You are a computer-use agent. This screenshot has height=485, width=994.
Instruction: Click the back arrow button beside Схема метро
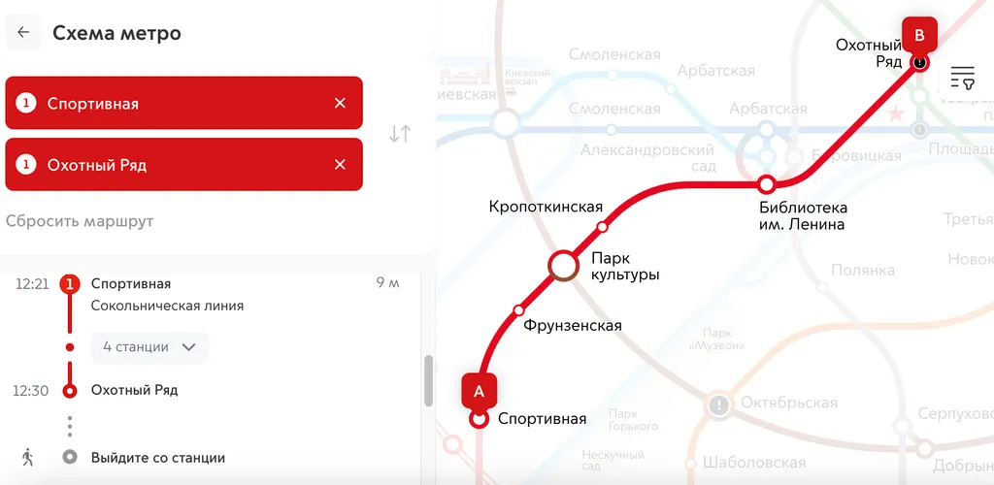(23, 32)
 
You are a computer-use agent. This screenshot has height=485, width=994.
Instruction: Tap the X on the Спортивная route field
(340, 103)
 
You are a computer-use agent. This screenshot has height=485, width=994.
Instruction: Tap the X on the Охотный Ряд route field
(340, 165)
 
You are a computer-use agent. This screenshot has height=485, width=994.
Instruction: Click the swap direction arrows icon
(400, 134)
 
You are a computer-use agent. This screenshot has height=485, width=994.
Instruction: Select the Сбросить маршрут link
(80, 221)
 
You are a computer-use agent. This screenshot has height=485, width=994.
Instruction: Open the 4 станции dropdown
(149, 347)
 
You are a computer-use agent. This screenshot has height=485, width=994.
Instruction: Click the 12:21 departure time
(32, 284)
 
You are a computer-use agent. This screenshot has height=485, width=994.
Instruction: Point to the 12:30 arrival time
(30, 391)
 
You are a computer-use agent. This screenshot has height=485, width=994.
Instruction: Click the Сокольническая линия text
(167, 306)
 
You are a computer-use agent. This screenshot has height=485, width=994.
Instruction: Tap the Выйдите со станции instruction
(158, 458)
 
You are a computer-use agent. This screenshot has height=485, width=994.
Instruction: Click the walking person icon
(27, 457)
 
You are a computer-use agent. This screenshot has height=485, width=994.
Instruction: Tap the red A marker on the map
(479, 391)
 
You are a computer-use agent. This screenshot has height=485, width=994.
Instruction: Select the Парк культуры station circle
(564, 265)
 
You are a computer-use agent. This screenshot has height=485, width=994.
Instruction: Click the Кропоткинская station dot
(602, 227)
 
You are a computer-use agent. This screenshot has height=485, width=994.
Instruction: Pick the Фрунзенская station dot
(518, 310)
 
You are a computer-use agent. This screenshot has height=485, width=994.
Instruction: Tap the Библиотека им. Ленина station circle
(766, 184)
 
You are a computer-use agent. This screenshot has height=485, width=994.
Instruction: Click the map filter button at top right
(962, 78)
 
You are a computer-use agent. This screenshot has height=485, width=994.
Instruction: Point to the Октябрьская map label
(788, 403)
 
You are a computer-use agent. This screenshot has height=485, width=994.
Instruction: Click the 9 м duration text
(387, 284)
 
